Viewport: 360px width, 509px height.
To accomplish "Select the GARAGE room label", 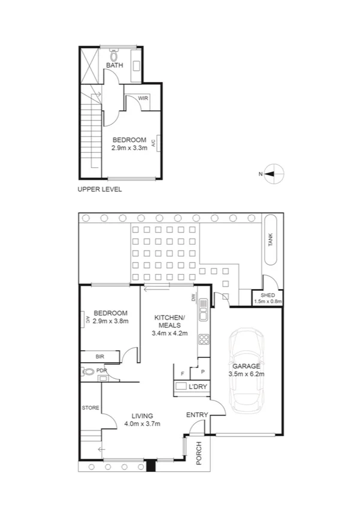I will pyautogui.click(x=246, y=366).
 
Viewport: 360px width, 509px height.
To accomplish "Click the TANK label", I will pyautogui.click(x=270, y=240).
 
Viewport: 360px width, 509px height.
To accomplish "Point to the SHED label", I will pyautogui.click(x=267, y=295).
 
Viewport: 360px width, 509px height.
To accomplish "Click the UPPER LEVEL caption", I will pyautogui.click(x=99, y=189).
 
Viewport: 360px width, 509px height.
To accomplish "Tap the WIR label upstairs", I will pyautogui.click(x=143, y=98).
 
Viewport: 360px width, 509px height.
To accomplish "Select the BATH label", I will pyautogui.click(x=114, y=65).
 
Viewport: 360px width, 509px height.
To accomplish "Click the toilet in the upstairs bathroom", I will pyautogui.click(x=114, y=52).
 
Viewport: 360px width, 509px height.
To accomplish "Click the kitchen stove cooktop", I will pyautogui.click(x=203, y=340).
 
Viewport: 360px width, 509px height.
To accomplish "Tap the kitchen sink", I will pyautogui.click(x=203, y=312).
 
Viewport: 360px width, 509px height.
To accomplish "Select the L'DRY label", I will pyautogui.click(x=196, y=387).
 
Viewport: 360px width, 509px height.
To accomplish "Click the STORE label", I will pyautogui.click(x=90, y=408).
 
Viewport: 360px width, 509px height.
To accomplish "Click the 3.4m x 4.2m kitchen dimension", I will pyautogui.click(x=171, y=333).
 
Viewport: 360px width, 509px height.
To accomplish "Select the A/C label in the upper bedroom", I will pyautogui.click(x=153, y=143).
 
